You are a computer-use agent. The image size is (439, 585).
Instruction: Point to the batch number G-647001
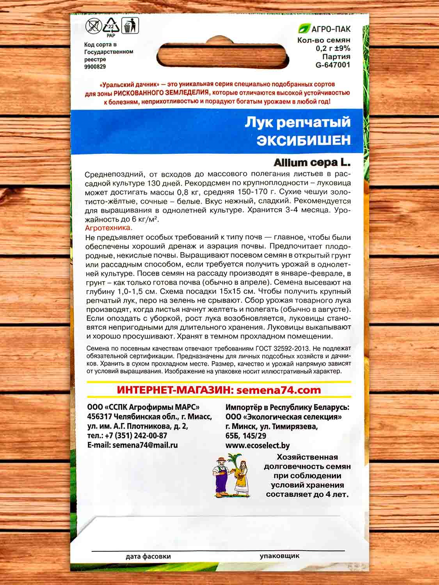tap(332, 65)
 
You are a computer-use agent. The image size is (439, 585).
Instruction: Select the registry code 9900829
tap(95, 67)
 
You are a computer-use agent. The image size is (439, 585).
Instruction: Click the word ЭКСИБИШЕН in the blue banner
tap(304, 140)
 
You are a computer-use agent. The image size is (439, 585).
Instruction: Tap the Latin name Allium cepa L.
tap(312, 161)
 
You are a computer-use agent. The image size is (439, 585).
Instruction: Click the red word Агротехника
tap(108, 228)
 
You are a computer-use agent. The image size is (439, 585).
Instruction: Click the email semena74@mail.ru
tap(145, 445)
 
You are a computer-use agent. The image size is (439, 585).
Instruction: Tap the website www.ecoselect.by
tap(258, 445)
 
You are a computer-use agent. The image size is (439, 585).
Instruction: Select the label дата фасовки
tap(148, 557)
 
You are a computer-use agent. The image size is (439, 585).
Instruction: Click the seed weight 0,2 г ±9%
tap(333, 48)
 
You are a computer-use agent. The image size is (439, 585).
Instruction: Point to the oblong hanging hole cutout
tap(220, 54)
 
